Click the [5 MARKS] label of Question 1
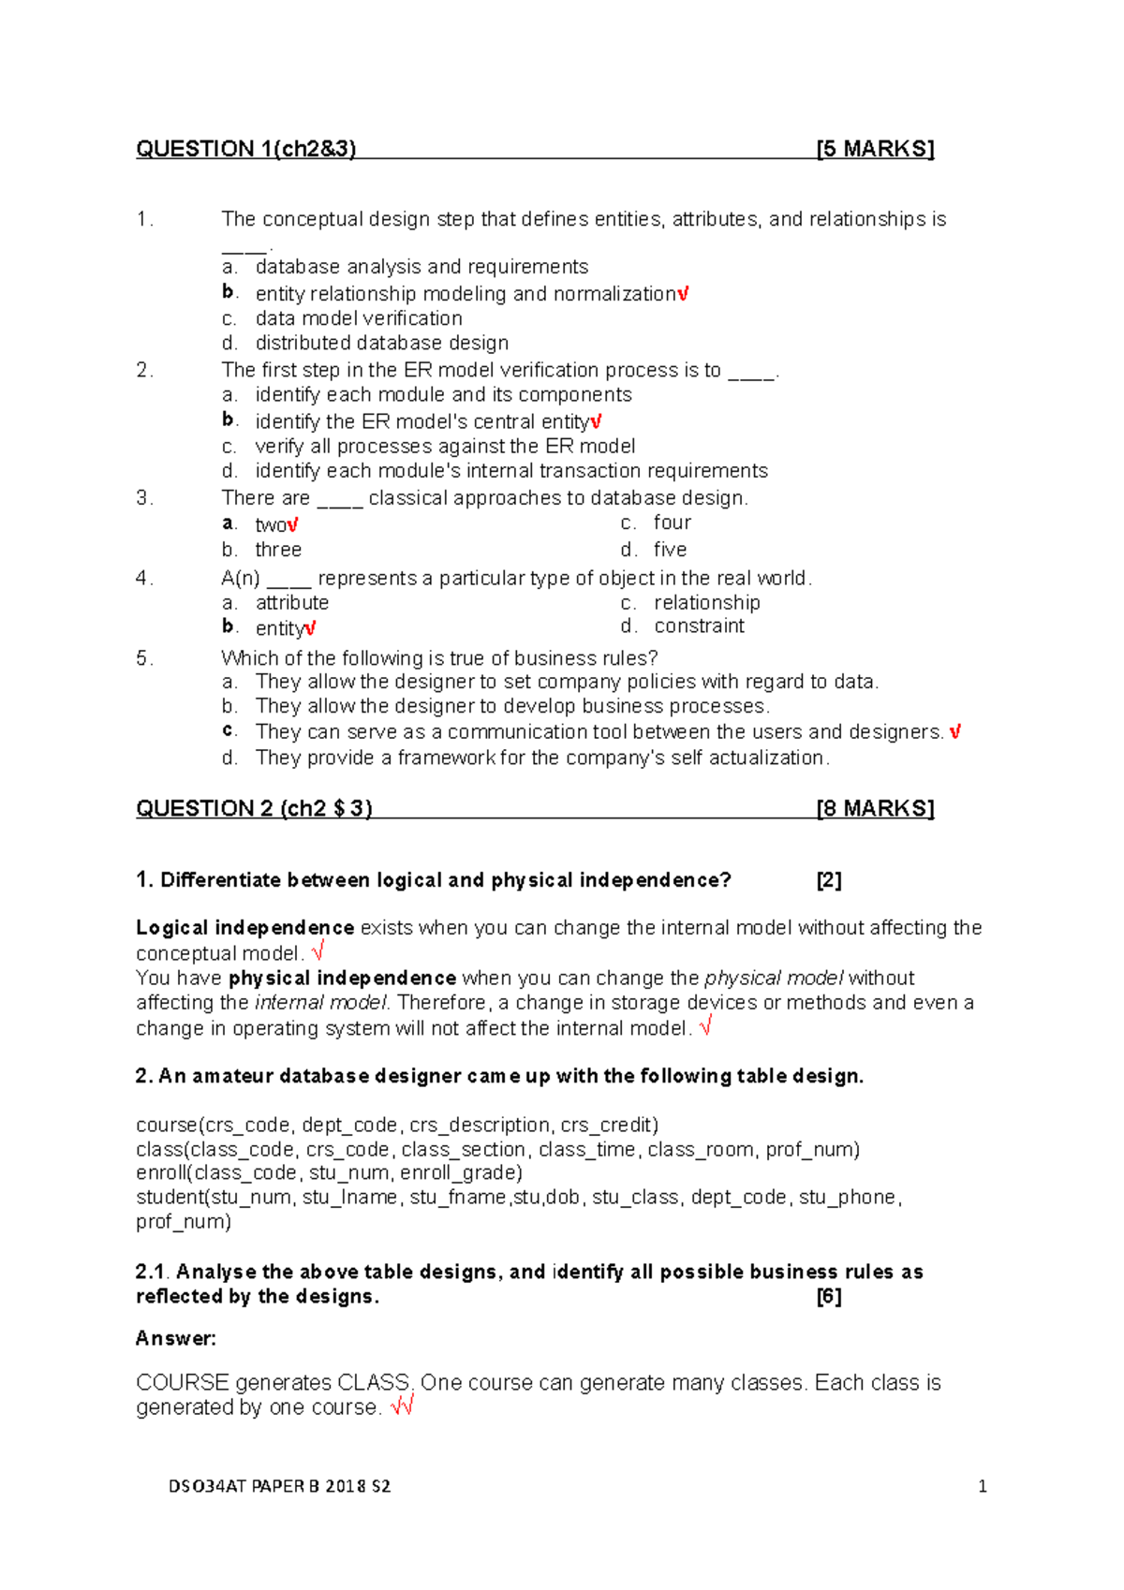click(875, 149)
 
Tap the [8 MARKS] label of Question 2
click(875, 808)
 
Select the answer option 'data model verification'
click(359, 318)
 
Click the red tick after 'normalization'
click(683, 294)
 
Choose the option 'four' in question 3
click(672, 523)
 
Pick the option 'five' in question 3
click(670, 550)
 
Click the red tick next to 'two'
click(293, 525)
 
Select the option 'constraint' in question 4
click(699, 626)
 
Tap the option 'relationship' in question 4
click(706, 602)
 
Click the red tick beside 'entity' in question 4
click(310, 628)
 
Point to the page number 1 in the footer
click(982, 1486)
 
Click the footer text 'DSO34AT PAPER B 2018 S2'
click(279, 1486)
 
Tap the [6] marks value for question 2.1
click(829, 1296)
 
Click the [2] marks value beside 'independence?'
click(829, 880)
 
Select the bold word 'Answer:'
click(176, 1338)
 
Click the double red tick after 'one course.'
click(403, 1406)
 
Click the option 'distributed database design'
click(381, 343)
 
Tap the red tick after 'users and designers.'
click(954, 731)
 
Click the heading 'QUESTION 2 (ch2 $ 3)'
click(254, 808)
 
